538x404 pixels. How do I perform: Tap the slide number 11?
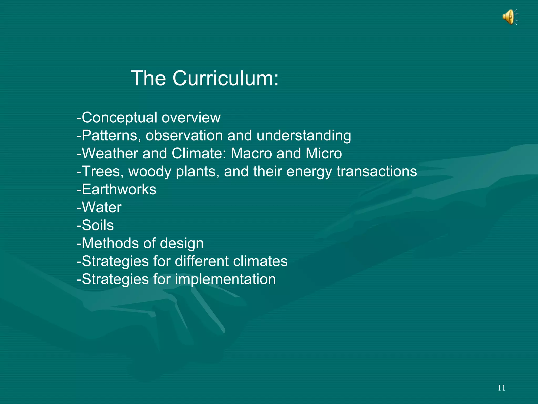[501, 388]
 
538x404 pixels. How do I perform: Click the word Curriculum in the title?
[225, 78]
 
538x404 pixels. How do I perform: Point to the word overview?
[191, 118]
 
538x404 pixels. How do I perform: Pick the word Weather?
[110, 153]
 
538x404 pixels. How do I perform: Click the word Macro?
[251, 153]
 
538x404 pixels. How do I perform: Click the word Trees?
[102, 171]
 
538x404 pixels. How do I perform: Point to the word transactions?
[377, 171]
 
